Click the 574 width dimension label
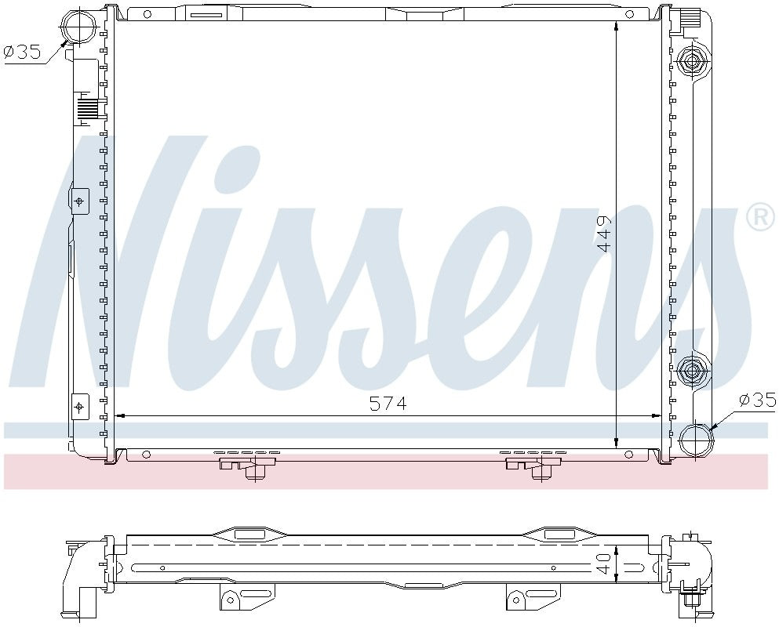click(x=388, y=404)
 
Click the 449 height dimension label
click(x=604, y=234)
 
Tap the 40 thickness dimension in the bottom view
click(x=604, y=563)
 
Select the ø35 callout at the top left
click(x=22, y=53)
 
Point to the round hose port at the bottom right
click(x=694, y=439)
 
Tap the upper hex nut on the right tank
click(x=693, y=61)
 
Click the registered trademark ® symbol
click(x=759, y=217)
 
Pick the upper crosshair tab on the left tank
click(x=79, y=201)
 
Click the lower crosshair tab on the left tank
click(x=79, y=406)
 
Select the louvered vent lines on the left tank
click(x=87, y=107)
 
